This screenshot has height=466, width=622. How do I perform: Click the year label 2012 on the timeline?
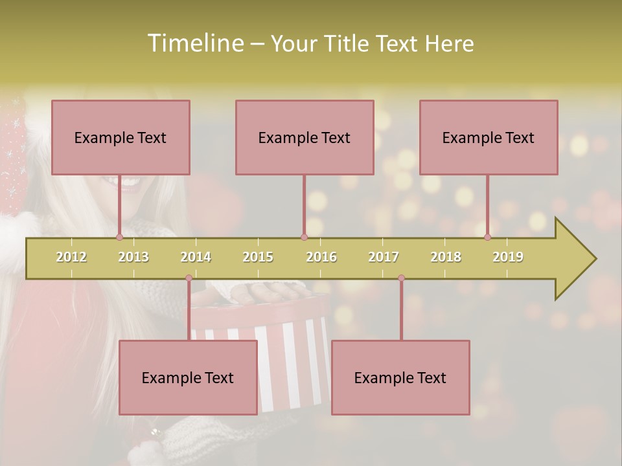71,257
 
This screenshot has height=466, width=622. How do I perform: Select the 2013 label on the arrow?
133,257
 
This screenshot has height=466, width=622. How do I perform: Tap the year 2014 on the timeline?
196,257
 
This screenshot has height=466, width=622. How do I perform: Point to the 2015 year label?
258,257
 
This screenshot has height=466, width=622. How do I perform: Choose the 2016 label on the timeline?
321,257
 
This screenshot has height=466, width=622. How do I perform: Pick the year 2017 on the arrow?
384,257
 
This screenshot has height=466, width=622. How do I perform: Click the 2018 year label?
446,257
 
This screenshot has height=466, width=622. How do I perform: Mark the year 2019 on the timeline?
508,257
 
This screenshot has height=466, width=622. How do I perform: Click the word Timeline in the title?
194,43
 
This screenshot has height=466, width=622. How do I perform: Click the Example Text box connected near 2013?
121,137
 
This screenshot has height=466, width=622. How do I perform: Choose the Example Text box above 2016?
305,137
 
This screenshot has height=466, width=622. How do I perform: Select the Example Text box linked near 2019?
489,137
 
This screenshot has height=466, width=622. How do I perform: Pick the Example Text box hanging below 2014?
188,377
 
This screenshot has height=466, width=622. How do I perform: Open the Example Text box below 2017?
400,377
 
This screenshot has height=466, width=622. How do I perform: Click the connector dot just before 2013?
119,237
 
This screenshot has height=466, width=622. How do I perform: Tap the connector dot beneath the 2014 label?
189,278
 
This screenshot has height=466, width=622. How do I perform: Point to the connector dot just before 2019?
487,237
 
